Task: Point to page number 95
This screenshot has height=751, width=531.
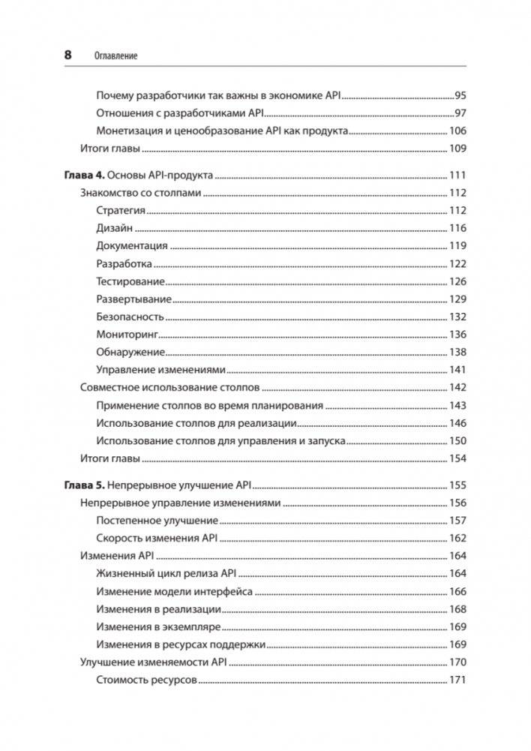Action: [460, 96]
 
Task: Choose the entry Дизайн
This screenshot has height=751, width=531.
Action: [114, 228]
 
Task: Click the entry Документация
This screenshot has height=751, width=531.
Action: [132, 246]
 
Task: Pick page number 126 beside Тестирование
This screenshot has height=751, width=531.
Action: [457, 281]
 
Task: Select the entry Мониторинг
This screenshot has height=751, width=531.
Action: [127, 335]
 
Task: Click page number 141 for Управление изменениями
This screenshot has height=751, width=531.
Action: [457, 370]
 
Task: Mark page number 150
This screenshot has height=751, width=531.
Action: [457, 441]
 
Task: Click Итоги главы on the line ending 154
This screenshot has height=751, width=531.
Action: [110, 458]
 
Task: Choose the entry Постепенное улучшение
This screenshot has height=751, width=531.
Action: [157, 521]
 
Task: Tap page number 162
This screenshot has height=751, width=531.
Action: [457, 538]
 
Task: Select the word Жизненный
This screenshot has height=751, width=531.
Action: [127, 574]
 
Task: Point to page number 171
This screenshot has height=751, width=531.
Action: [457, 680]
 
